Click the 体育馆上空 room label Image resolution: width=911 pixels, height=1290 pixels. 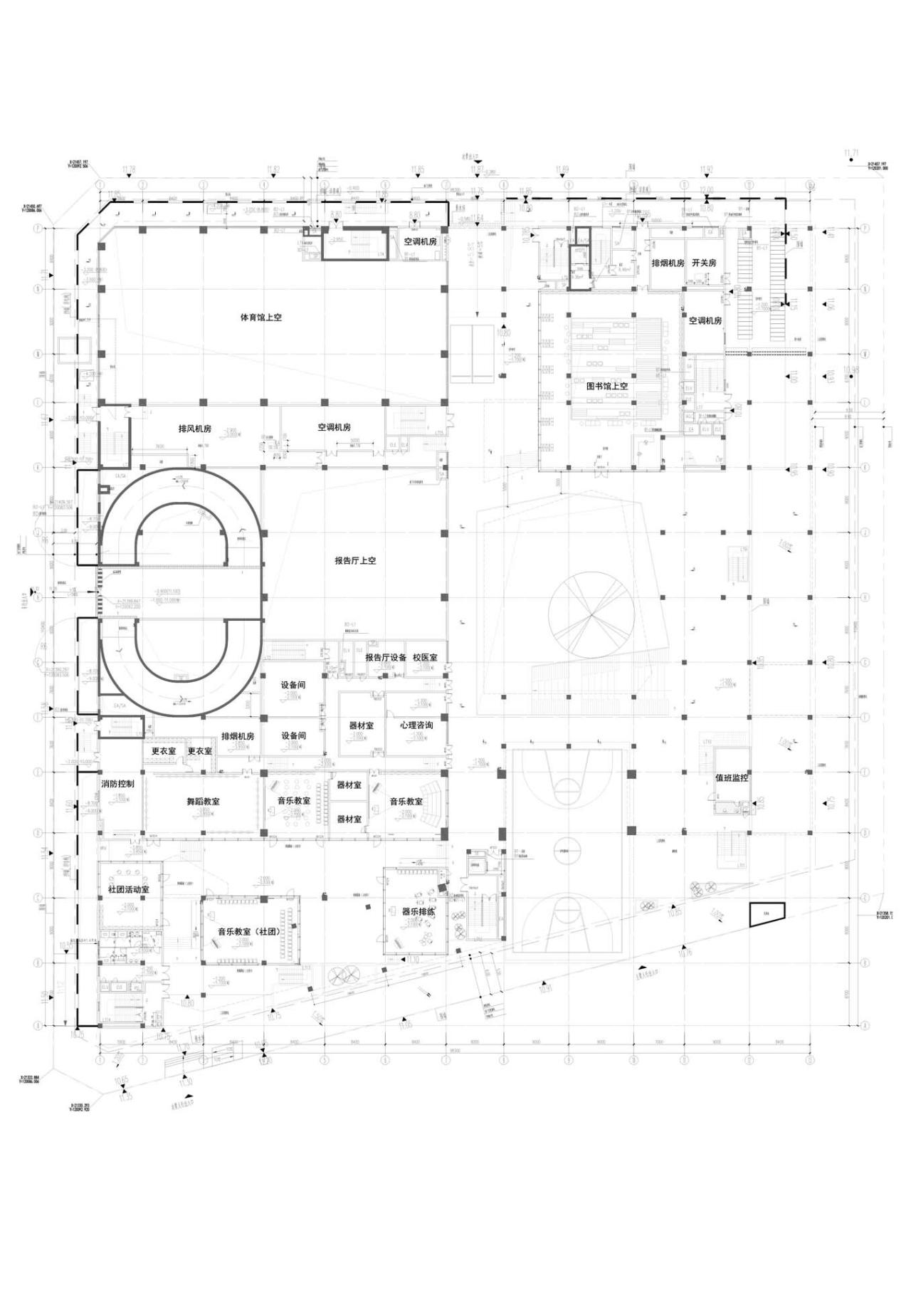tap(260, 318)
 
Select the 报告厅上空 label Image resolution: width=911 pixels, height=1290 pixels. tap(355, 561)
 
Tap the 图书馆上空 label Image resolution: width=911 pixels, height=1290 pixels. tap(606, 387)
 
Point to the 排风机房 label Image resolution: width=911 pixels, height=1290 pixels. tap(194, 429)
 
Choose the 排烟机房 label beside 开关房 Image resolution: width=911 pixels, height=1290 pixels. tap(668, 263)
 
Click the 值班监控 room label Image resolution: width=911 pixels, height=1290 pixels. tap(731, 778)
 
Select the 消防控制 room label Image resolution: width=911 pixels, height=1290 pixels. tap(117, 783)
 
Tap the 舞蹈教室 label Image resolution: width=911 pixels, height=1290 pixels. tap(203, 801)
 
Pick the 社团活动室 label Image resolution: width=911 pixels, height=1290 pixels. tap(128, 890)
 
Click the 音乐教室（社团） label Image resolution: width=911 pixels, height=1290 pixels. tap(248, 931)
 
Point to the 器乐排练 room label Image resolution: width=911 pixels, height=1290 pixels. tap(418, 911)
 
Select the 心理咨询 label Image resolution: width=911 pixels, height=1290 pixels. tap(416, 725)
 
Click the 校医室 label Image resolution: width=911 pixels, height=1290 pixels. tap(425, 658)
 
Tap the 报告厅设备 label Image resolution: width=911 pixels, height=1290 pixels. tap(385, 658)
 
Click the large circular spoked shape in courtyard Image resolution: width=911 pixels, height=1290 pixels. tap(591, 614)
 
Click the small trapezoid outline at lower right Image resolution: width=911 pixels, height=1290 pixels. tap(766, 914)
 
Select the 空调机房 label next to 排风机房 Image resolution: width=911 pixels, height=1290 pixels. tap(334, 428)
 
